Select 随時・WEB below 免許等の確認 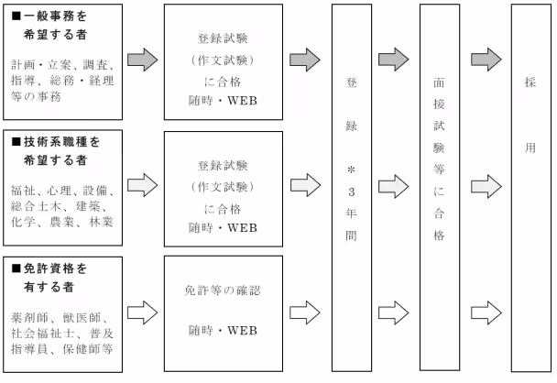click(x=222, y=329)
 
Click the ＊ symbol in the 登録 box click(x=352, y=172)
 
